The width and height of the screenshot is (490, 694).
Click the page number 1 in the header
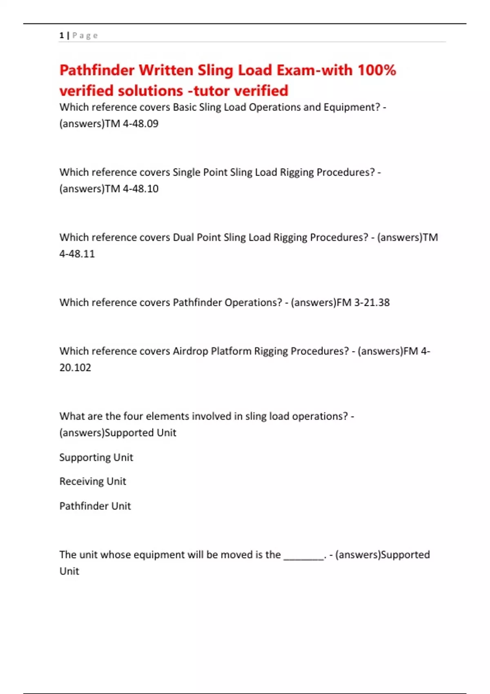tap(61, 36)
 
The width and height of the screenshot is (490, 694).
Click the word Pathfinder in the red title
tap(97, 70)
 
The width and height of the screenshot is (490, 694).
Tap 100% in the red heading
tap(377, 70)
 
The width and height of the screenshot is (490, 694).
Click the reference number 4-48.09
tap(140, 123)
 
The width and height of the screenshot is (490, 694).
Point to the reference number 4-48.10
tap(140, 189)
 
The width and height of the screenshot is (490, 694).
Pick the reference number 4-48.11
tap(77, 254)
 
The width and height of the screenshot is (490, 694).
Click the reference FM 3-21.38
tap(363, 303)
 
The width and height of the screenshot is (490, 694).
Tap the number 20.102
tap(75, 367)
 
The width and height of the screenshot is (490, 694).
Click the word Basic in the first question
tap(185, 107)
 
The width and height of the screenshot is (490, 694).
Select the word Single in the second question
tap(186, 172)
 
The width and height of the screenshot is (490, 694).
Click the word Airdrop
tap(190, 351)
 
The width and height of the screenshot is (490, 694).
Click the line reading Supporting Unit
tap(96, 457)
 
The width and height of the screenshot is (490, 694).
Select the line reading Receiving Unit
tap(93, 481)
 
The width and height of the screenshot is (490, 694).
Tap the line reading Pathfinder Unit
tap(95, 506)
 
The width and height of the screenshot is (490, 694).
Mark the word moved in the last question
tap(237, 554)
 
